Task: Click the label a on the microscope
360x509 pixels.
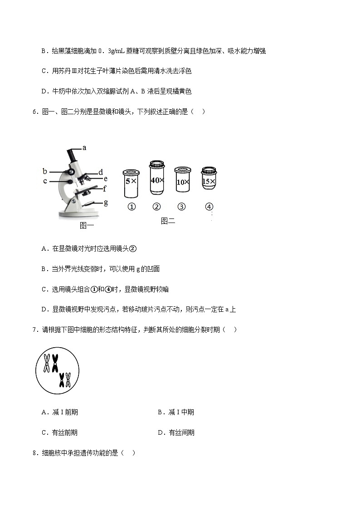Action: [x=84, y=147]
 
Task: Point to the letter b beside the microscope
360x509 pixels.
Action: [x=45, y=171]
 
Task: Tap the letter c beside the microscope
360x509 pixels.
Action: [x=45, y=181]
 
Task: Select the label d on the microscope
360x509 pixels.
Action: [x=101, y=172]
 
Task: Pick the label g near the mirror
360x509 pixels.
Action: [x=106, y=203]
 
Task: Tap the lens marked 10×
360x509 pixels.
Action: [x=182, y=182]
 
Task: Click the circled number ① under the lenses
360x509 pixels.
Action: [x=131, y=207]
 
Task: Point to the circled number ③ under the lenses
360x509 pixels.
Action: [x=181, y=207]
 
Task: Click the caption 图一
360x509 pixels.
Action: [x=87, y=225]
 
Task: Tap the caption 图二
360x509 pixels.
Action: [x=168, y=221]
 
